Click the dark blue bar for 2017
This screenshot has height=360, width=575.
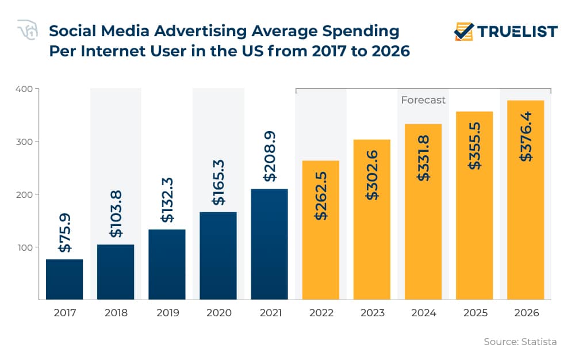64,279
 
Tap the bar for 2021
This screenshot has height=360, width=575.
269,244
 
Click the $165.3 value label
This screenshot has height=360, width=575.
218,184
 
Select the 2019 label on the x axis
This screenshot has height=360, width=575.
167,313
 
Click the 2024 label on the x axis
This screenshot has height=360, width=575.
424,313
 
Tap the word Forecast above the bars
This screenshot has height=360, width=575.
423,100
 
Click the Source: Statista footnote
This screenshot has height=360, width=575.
520,342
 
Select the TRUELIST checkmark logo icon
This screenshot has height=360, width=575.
463,31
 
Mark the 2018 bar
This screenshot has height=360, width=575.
116,272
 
